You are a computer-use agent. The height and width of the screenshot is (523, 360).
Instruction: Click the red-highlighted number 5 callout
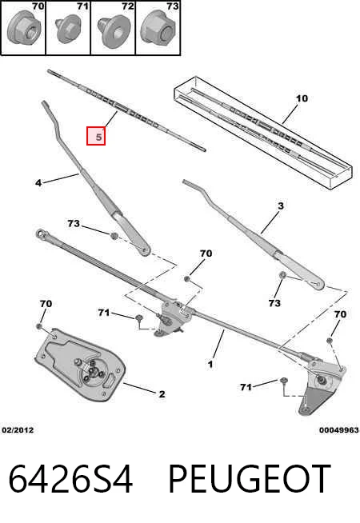pos(96,136)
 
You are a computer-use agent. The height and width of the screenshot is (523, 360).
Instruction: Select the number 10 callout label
pos(302,98)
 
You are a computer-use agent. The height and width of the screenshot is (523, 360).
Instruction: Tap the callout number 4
pos(38,183)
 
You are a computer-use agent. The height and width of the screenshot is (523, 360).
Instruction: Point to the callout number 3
pos(281,206)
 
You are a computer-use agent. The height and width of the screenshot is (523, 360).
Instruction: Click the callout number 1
pos(210,364)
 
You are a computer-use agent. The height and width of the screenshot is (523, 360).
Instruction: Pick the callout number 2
pos(162,394)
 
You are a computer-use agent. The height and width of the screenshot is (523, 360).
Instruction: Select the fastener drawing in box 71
pos(67,30)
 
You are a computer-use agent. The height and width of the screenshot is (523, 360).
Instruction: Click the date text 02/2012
pos(18,430)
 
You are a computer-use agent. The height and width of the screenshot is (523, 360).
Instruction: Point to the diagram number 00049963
pos(338,430)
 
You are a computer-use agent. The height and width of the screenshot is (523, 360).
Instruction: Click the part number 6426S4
pos(70,479)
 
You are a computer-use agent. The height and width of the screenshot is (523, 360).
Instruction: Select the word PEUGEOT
pos(250,479)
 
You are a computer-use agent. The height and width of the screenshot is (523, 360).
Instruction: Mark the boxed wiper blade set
pos(263,134)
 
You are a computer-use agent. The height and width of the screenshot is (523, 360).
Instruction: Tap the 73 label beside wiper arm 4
pos(74,223)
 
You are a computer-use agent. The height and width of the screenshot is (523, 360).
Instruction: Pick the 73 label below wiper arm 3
pos(274,303)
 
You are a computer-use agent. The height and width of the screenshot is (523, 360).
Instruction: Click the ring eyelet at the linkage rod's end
pos(42,234)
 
